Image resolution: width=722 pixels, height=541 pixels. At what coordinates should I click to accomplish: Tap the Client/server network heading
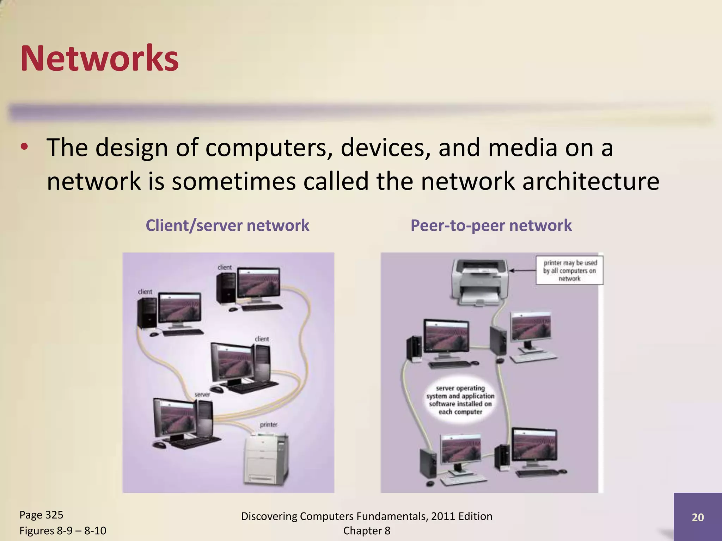click(227, 225)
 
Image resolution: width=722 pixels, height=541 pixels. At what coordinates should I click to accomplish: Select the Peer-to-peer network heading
click(491, 225)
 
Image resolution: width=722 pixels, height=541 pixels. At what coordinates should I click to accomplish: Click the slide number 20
click(698, 517)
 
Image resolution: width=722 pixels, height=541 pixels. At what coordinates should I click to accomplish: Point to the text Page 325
click(41, 515)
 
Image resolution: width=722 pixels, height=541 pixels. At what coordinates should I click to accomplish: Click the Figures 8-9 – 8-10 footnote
click(63, 530)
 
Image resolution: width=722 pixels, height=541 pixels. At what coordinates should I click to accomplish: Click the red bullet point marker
click(24, 147)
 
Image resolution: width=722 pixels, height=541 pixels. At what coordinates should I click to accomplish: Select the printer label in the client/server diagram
click(269, 424)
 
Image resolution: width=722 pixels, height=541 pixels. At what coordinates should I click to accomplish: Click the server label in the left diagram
click(202, 394)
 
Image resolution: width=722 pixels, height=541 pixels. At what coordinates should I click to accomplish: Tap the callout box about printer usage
click(569, 270)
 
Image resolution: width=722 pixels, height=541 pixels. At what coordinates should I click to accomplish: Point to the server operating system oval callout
click(460, 400)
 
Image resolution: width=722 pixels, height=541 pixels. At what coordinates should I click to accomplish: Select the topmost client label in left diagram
click(225, 267)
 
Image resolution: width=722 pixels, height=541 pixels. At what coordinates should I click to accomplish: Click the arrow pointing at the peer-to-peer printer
click(522, 270)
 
